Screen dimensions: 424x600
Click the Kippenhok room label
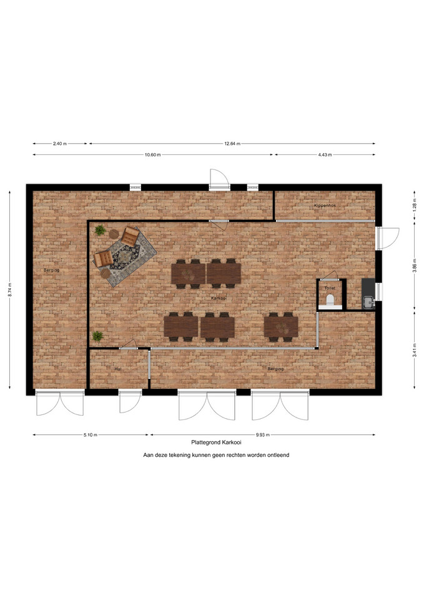pos(325,206)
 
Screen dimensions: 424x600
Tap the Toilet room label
pos(330,287)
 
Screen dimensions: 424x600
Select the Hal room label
pos(118,369)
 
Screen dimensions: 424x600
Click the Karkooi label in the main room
pos(219,297)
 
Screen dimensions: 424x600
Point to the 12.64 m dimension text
pos(232,144)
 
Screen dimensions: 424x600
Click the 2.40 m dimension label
pos(60,144)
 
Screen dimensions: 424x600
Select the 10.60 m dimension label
pos(152,155)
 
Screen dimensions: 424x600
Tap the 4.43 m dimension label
pos(325,155)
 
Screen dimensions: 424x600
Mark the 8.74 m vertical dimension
pos(10,289)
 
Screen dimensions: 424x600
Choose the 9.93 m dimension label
pos(263,435)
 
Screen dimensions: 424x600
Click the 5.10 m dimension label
pos(91,435)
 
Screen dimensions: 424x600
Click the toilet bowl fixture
pos(330,299)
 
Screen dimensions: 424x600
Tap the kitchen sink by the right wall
pos(368,302)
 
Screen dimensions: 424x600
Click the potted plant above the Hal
pos(97,336)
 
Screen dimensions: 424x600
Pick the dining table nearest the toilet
pos(281,327)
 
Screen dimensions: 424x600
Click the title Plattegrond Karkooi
pos(217,442)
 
